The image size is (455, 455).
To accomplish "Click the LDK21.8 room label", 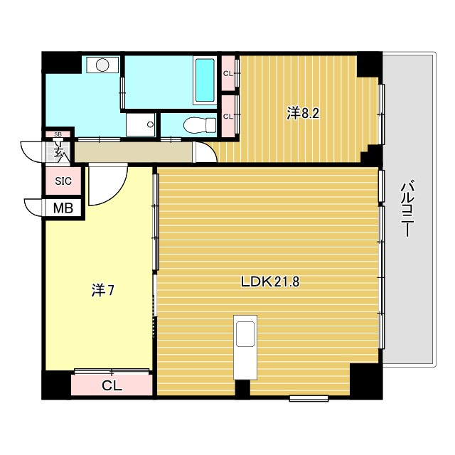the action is pos(270,282).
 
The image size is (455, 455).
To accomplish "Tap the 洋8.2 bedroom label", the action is pos(303,114).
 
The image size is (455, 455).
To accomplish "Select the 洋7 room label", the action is pos(103,291).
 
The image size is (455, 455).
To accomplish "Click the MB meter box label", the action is pos(63,208).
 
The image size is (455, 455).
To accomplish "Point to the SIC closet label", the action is pos(63,181).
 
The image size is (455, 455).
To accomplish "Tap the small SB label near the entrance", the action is pos(58,134).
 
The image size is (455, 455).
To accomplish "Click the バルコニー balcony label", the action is pos(407,208).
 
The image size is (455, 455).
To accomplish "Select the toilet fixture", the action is pos(200,125).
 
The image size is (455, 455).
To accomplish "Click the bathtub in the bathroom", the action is pos(205,80).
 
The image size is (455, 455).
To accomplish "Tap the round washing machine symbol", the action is pos(102,65).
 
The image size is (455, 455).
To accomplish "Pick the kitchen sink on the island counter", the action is pos(245,333).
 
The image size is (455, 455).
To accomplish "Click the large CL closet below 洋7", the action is pos(112,385).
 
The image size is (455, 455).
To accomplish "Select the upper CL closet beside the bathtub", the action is pos(228,73).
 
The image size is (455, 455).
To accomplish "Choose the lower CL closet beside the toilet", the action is pos(228,117).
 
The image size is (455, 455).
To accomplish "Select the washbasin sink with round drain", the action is pos(141,124).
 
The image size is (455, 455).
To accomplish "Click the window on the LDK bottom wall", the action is pos(309,398).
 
